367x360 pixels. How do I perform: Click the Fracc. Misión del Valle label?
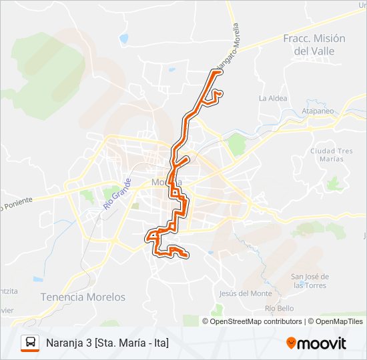(x=314, y=44)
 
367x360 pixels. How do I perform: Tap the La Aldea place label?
(x=272, y=98)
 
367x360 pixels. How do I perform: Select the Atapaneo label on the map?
(x=318, y=111)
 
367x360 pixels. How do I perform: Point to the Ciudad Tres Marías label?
(x=331, y=155)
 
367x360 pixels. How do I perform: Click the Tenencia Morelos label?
(x=83, y=296)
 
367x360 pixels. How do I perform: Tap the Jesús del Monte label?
(x=246, y=293)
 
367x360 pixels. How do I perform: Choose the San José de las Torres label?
(x=310, y=280)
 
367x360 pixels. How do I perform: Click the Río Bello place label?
(x=279, y=308)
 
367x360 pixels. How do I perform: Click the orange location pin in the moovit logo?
(x=292, y=343)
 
